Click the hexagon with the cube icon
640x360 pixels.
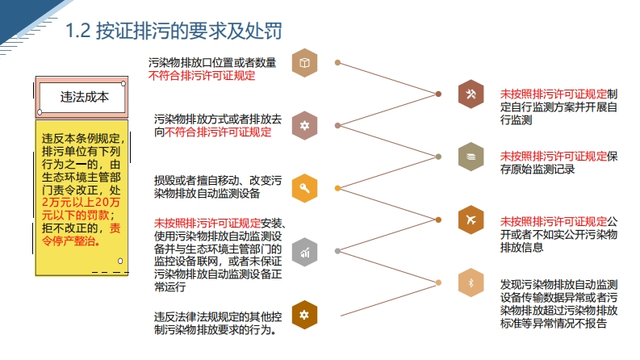point(304,63)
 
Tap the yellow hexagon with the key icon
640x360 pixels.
point(304,188)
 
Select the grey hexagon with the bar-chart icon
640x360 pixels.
point(304,251)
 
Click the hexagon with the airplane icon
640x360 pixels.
point(471,219)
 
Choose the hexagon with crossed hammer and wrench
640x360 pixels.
point(471,94)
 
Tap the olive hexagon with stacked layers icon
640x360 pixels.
point(471,156)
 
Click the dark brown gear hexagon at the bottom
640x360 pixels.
point(304,314)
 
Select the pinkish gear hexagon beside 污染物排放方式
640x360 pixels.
point(304,125)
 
